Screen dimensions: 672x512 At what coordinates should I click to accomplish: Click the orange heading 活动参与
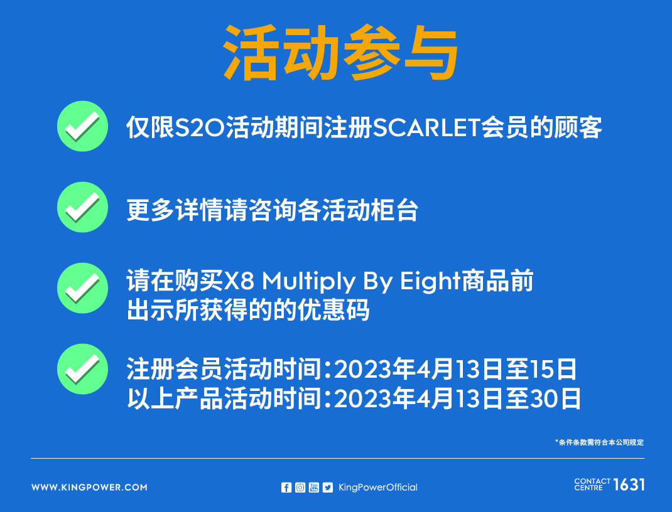[341, 52]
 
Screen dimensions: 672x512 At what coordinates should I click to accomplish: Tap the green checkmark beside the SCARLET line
[83, 126]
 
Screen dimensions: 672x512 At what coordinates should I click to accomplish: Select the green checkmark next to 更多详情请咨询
[83, 207]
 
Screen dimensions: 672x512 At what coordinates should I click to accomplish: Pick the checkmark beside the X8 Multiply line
[83, 288]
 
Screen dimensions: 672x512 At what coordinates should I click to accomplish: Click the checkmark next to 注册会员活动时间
[83, 369]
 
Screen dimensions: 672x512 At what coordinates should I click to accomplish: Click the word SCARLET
[426, 127]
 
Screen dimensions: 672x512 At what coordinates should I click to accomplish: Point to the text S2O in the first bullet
[200, 127]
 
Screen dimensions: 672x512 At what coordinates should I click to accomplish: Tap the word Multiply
[308, 282]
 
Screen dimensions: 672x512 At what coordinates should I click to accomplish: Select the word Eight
[430, 282]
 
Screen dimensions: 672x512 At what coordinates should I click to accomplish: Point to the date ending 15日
[455, 370]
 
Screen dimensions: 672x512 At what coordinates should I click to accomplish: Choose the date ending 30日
[457, 398]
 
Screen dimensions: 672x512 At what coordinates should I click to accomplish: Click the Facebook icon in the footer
[286, 487]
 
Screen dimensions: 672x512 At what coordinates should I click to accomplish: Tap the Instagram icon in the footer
[300, 487]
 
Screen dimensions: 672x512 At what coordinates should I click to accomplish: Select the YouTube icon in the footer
[314, 487]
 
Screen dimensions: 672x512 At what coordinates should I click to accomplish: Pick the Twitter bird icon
[327, 487]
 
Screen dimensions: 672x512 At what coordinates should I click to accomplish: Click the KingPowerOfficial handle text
[377, 487]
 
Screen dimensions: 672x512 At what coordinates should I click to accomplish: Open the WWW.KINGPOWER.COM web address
[89, 487]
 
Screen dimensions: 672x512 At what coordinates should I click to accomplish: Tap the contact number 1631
[629, 484]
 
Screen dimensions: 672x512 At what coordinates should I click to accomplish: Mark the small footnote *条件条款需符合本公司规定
[600, 442]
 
